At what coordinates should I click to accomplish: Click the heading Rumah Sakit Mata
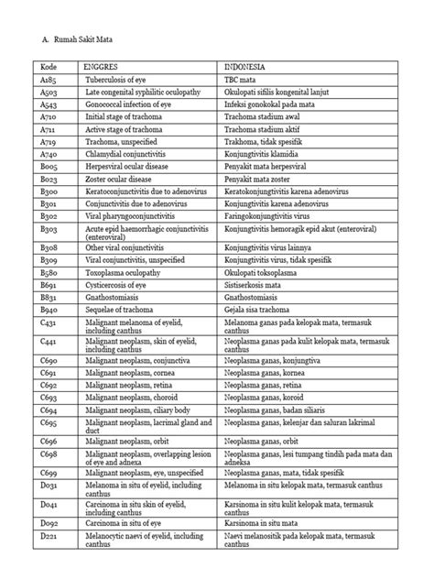pos(85,40)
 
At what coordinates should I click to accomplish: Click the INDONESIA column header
pos(248,68)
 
